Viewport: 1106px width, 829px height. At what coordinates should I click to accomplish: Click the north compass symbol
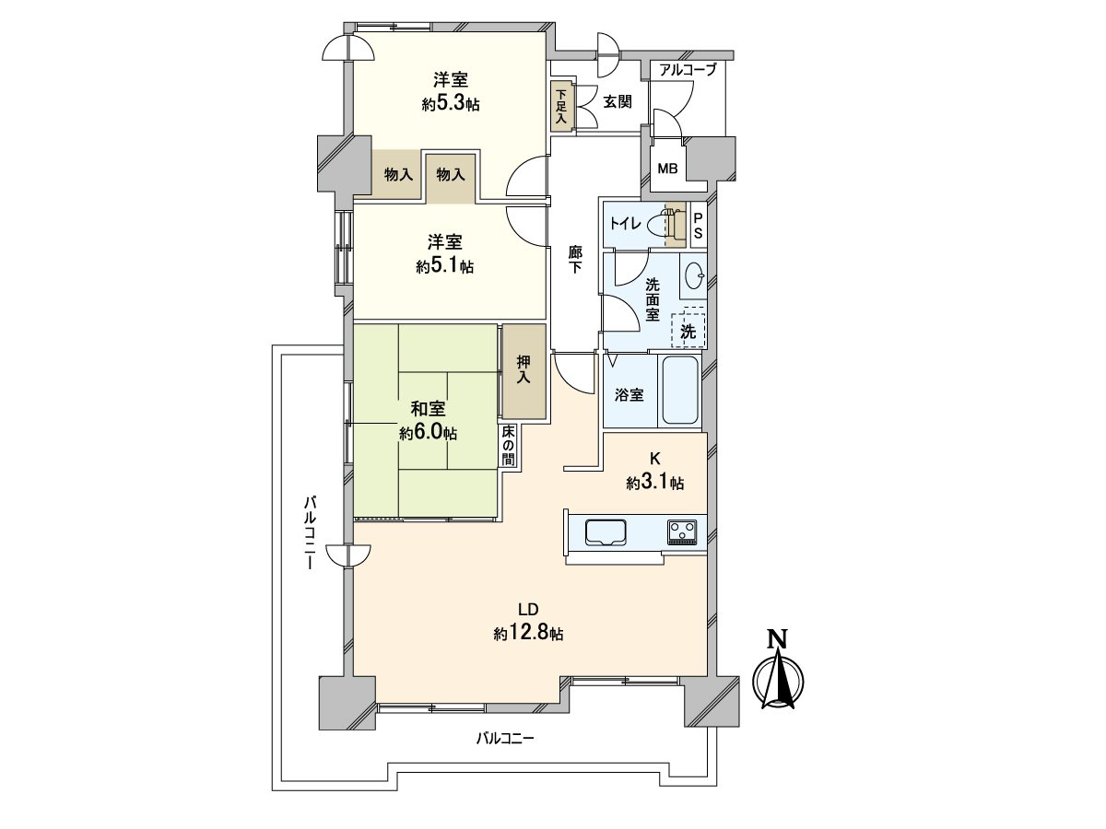pyautogui.click(x=778, y=676)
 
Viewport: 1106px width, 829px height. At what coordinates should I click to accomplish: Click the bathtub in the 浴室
pyautogui.click(x=680, y=390)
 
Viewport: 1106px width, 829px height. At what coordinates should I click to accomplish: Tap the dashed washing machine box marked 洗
pyautogui.click(x=688, y=327)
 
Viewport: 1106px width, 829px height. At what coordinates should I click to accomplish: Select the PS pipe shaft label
pyautogui.click(x=699, y=226)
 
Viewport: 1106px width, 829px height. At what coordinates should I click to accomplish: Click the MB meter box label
pyautogui.click(x=667, y=169)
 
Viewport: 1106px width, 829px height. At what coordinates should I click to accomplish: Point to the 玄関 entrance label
pyautogui.click(x=618, y=102)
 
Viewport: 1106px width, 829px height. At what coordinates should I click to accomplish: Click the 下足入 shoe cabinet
pyautogui.click(x=561, y=107)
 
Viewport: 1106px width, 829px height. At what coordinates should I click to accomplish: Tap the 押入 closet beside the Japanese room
pyautogui.click(x=524, y=371)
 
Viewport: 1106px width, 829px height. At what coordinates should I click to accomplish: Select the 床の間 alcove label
pyautogui.click(x=508, y=446)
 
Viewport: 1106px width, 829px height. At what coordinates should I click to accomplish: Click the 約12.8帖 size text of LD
pyautogui.click(x=528, y=633)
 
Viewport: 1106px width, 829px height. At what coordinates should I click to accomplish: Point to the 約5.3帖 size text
pyautogui.click(x=451, y=104)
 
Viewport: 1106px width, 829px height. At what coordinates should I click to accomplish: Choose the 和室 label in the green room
pyautogui.click(x=429, y=409)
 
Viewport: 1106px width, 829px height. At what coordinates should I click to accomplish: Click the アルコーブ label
pyautogui.click(x=688, y=70)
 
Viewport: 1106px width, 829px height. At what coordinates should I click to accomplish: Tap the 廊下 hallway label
pyautogui.click(x=574, y=259)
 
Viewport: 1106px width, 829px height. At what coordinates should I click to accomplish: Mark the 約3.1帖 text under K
pyautogui.click(x=655, y=484)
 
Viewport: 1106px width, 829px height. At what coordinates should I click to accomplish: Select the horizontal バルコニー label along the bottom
pyautogui.click(x=505, y=739)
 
